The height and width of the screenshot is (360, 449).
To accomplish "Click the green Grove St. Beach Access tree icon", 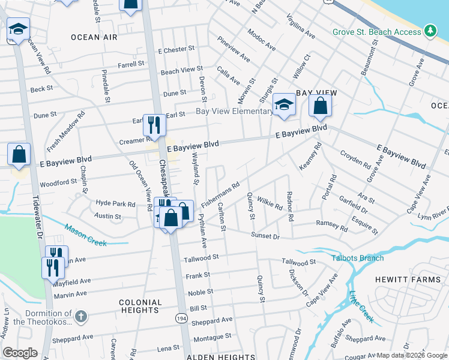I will pyautogui.click(x=430, y=30).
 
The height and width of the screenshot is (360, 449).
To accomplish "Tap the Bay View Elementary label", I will pyautogui.click(x=234, y=112).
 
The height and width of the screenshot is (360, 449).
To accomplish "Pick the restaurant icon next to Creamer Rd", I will pyautogui.click(x=154, y=124).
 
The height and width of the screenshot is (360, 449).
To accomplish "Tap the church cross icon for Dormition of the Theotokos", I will pyautogui.click(x=82, y=315).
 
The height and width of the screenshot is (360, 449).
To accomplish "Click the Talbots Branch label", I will pyautogui.click(x=358, y=258).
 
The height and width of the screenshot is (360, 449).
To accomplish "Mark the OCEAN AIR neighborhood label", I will pyautogui.click(x=94, y=37).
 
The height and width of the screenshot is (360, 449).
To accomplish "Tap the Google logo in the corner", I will pyautogui.click(x=20, y=353).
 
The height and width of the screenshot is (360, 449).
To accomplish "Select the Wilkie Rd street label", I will pyautogui.click(x=270, y=202).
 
